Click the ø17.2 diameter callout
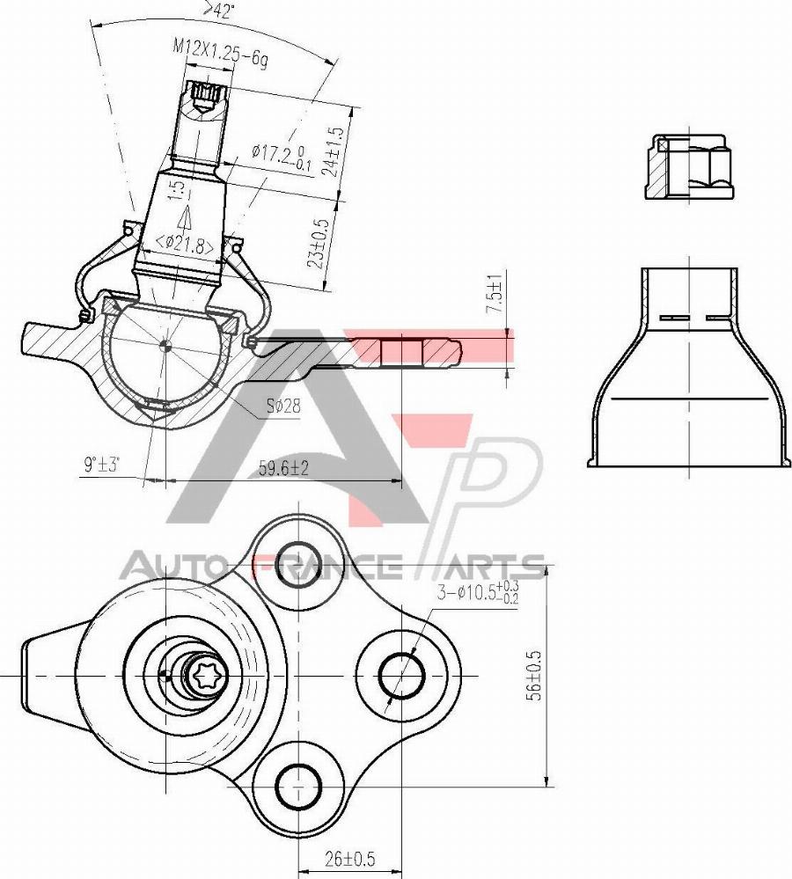280,155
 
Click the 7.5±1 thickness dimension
495,297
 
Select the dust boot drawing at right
686,370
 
